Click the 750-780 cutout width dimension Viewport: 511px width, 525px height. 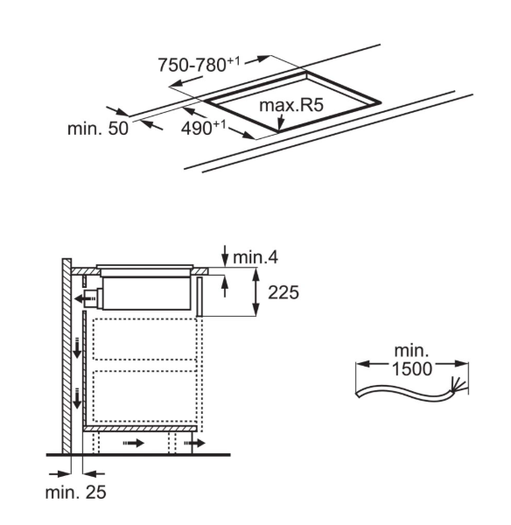click(x=199, y=64)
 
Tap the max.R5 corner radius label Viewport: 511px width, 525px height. click(x=291, y=105)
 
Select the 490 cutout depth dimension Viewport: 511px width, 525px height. click(x=204, y=128)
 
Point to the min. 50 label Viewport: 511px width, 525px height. click(x=98, y=129)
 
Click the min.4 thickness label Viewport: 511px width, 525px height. click(x=255, y=257)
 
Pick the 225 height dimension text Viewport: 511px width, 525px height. click(x=283, y=292)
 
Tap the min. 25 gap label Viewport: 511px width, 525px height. click(x=75, y=492)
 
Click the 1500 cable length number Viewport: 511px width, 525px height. click(x=412, y=369)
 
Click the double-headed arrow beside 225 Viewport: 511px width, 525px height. click(x=255, y=291)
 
